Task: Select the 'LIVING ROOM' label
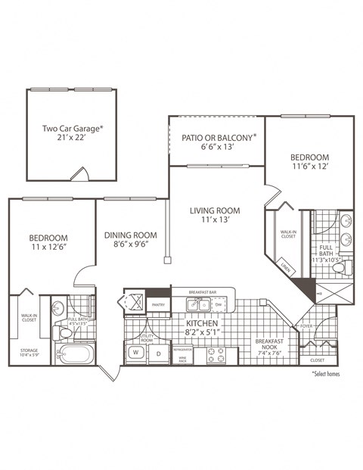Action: pos(215,210)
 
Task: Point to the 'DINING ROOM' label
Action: pos(130,235)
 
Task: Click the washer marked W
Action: pos(137,352)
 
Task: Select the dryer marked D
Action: pos(159,352)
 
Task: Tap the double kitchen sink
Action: pos(199,304)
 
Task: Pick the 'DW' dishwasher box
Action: pos(219,304)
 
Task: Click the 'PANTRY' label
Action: pos(158,304)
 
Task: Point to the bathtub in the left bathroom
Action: pos(77,354)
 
